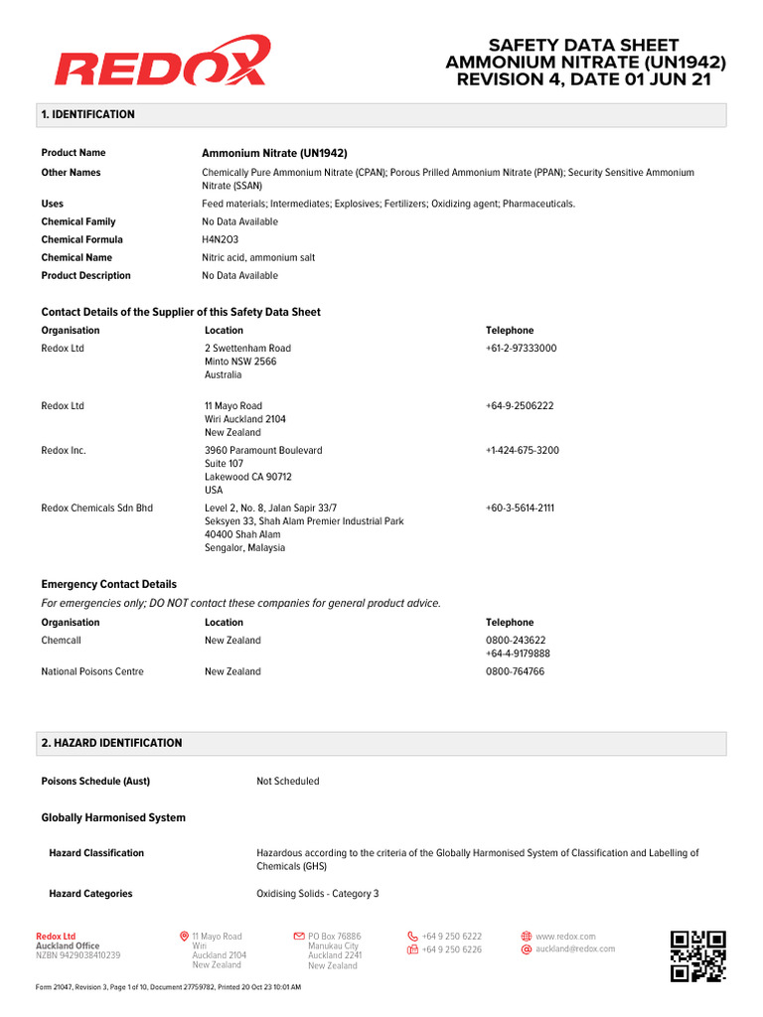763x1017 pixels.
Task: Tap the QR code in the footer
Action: click(697, 955)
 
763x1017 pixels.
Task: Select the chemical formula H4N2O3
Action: click(220, 239)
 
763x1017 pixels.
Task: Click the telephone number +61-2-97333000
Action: click(521, 349)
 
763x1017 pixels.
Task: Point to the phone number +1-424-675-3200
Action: click(522, 451)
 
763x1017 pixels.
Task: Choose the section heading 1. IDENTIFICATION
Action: click(87, 114)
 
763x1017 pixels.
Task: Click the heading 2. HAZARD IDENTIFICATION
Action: click(111, 743)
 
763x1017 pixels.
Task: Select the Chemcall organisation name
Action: click(62, 641)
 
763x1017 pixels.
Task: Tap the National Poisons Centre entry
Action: click(92, 671)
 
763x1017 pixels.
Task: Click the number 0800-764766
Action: click(515, 671)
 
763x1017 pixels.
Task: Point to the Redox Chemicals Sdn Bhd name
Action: click(97, 508)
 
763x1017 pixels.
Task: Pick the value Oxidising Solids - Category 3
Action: click(318, 894)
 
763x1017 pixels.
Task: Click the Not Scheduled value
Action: click(288, 782)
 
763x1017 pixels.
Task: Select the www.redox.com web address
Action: click(565, 937)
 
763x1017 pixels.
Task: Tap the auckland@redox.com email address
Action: click(575, 948)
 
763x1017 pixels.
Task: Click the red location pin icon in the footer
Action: click(184, 937)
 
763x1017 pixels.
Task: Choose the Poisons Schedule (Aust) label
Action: click(95, 782)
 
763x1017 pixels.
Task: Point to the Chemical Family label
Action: click(78, 221)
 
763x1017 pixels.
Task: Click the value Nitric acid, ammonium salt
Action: click(258, 257)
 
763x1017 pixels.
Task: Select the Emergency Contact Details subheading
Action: click(108, 584)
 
